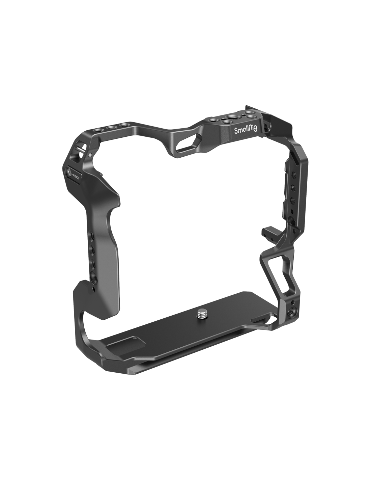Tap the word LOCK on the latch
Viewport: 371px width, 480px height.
point(77,177)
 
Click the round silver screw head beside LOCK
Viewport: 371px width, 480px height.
point(69,171)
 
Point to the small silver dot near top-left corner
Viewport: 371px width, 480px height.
point(90,155)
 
